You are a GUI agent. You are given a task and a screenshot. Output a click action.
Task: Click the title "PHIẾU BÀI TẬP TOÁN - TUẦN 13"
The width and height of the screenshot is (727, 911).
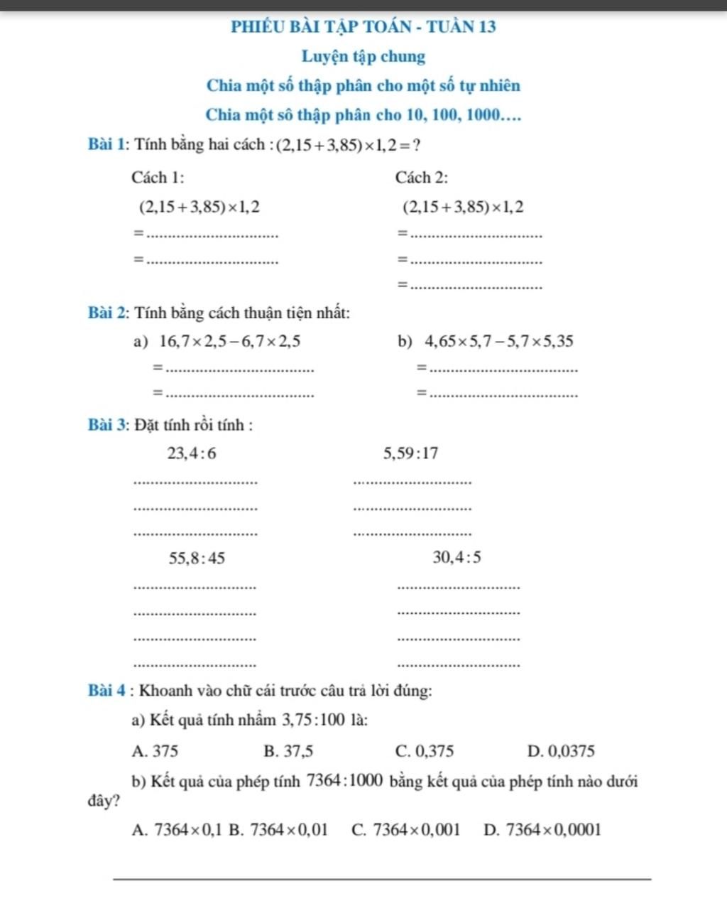coord(363,27)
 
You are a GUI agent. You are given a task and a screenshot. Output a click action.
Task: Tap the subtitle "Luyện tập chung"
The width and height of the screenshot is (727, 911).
coord(363,56)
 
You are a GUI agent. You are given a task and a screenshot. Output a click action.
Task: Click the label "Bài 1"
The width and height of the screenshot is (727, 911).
coord(108,144)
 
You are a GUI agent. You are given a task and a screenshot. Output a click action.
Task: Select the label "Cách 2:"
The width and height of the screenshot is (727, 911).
coord(422,177)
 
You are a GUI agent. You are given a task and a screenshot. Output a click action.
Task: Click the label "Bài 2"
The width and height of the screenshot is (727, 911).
coord(108,313)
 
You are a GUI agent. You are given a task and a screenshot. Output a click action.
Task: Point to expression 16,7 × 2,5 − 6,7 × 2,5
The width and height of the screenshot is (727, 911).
coord(230,342)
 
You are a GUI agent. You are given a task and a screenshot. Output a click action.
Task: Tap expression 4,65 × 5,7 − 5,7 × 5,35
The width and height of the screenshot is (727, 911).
coord(498,342)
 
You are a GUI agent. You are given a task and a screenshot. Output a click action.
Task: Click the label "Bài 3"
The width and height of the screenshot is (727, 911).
coord(108,426)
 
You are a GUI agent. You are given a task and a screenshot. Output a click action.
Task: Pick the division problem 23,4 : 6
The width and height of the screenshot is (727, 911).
coord(192,453)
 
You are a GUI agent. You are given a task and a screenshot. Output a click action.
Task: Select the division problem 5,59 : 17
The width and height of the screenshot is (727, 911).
coord(410,453)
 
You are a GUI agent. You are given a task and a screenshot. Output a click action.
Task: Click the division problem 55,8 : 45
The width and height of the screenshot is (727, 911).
coord(197,559)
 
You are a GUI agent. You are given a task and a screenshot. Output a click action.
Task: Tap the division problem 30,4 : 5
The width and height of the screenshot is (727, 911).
coord(457,558)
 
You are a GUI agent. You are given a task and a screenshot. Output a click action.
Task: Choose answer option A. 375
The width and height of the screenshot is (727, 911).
coord(155,751)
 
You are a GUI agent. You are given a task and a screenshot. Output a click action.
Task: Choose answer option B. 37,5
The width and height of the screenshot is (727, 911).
coord(288,751)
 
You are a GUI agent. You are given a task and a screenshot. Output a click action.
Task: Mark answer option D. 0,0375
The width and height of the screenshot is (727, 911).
coord(561,751)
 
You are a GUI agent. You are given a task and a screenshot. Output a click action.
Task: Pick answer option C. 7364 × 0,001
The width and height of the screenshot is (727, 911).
coord(406,829)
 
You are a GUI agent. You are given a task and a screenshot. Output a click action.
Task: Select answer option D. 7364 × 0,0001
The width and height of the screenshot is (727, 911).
coord(542,829)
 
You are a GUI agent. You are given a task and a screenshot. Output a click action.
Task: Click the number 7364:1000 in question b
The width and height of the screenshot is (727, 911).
coord(345,781)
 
